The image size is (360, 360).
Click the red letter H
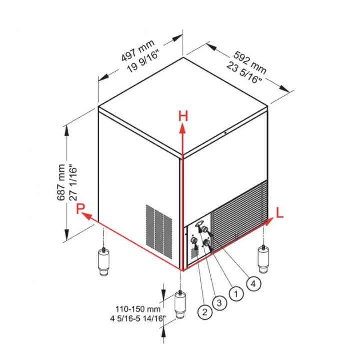pos(183,116)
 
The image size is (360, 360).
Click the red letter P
pos(81,209)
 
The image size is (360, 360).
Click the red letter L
pos(280,213)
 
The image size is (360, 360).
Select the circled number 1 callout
pos(236,293)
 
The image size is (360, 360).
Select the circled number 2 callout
pos(205,312)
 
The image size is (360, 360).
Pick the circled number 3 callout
pos(219,303)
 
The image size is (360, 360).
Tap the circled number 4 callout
pos(253,284)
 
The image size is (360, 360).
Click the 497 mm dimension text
pos(138,51)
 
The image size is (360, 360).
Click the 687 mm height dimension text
pos(61,183)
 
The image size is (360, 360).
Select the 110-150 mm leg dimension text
pos(138,309)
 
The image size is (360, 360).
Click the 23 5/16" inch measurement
pos(244,73)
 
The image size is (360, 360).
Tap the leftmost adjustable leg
pos(104,261)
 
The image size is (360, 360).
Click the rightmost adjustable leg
pos(263,259)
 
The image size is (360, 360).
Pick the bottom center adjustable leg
pos(180,304)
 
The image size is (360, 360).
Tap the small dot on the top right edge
pos(225,133)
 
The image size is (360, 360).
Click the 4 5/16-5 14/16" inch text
pos(138,318)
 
